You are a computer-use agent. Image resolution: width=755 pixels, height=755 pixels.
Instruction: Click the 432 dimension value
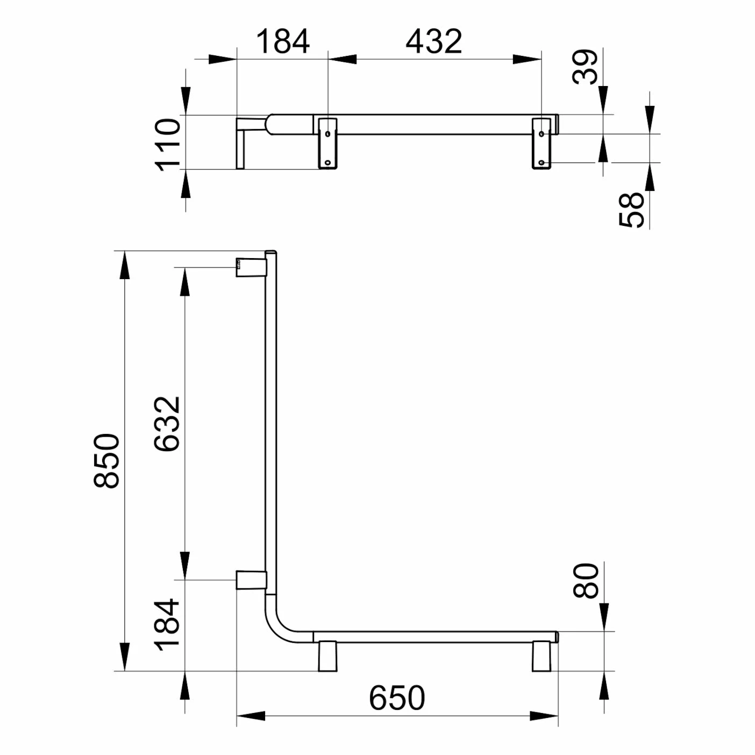[x=433, y=41]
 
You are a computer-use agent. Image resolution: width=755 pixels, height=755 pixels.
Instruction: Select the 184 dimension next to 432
[x=282, y=41]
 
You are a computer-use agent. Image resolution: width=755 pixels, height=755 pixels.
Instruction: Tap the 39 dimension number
[x=585, y=67]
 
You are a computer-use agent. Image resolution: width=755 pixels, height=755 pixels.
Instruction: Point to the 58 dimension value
[x=632, y=210]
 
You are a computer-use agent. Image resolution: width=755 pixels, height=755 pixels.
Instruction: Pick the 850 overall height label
[x=106, y=461]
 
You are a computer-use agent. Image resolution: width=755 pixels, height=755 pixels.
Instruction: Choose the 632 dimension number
[x=167, y=424]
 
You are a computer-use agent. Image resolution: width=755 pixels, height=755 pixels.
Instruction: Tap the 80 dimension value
[x=586, y=581]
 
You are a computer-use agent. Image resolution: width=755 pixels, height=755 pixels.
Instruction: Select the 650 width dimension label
[x=397, y=698]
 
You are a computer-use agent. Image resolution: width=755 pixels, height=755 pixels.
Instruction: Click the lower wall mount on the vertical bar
[x=251, y=580]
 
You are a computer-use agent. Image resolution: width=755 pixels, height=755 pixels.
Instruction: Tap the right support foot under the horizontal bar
[x=542, y=657]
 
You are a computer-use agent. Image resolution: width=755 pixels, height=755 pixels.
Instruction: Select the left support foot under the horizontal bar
[x=327, y=657]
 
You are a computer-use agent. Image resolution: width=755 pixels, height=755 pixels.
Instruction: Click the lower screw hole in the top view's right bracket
[x=541, y=162]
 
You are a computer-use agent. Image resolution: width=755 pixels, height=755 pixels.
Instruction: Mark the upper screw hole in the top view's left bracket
[x=327, y=133]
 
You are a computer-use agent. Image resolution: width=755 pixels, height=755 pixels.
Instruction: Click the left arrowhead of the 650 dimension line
[x=251, y=716]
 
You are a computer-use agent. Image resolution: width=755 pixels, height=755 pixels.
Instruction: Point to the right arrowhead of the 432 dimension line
[x=527, y=59]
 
